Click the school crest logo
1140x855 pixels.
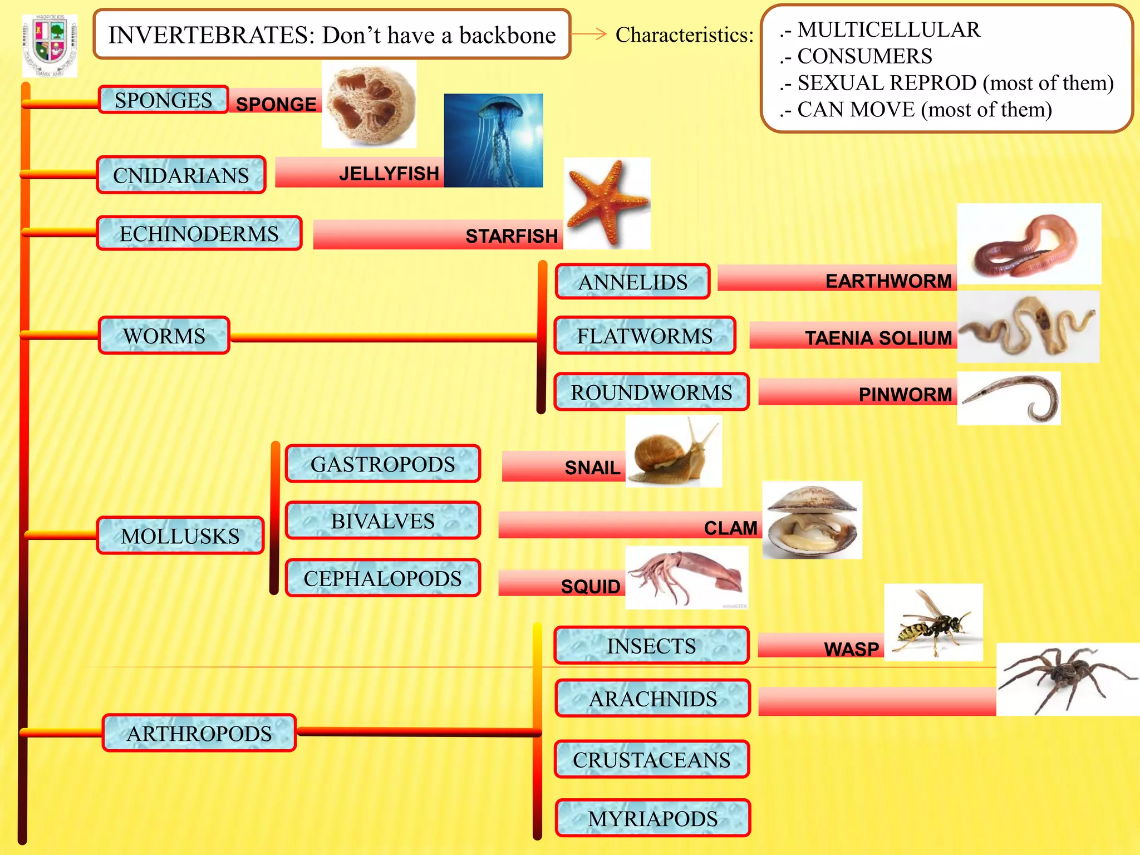(x=50, y=46)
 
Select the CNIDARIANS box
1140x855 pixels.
(x=181, y=175)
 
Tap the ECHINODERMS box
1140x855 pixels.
(x=199, y=234)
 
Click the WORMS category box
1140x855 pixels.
(x=164, y=336)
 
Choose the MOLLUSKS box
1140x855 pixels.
(x=180, y=535)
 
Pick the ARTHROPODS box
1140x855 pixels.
(x=199, y=733)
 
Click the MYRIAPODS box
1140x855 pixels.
(x=652, y=818)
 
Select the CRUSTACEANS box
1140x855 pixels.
(x=651, y=759)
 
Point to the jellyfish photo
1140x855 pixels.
(x=493, y=140)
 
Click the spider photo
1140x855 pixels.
(x=1067, y=679)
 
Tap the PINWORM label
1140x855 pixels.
(x=905, y=395)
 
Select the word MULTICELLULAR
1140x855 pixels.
(x=888, y=30)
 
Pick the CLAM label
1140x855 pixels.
(x=730, y=528)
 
